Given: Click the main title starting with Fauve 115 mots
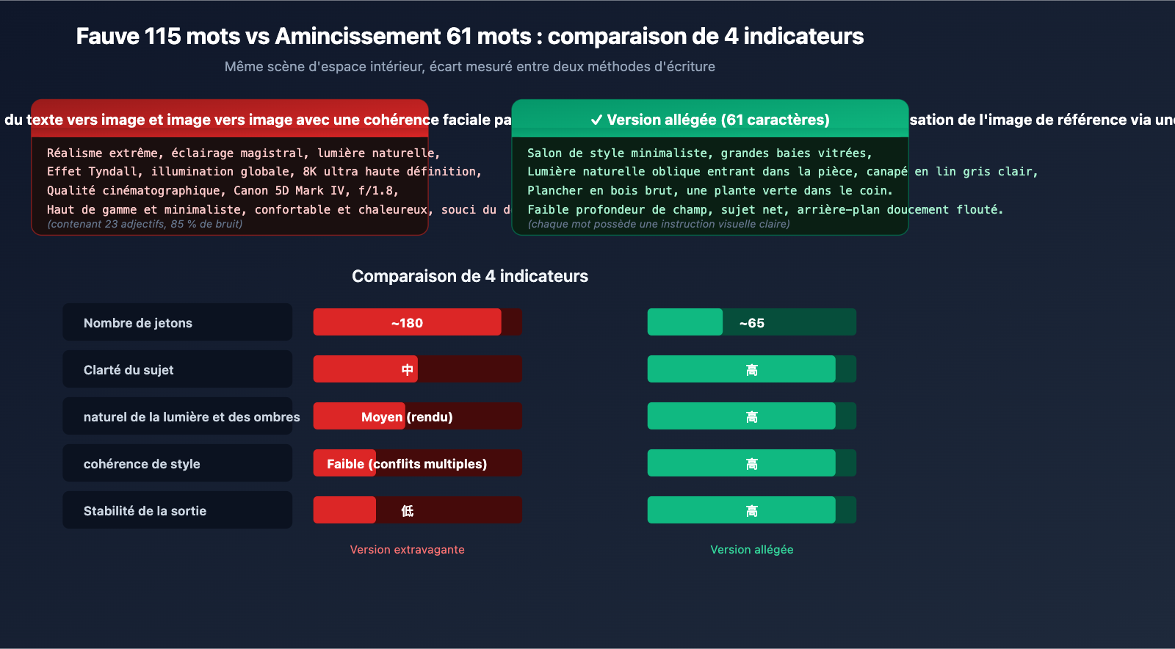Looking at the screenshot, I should (470, 36).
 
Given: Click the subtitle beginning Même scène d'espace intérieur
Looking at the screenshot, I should (470, 67).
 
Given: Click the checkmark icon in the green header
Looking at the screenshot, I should (596, 120).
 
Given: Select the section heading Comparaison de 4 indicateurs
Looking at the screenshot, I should (470, 276).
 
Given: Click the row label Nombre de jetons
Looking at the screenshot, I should (138, 323).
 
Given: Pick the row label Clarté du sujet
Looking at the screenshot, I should (129, 370).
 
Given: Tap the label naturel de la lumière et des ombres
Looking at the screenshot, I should (192, 417).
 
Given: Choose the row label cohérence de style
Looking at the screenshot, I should (142, 464).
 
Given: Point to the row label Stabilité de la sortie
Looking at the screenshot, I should (145, 511).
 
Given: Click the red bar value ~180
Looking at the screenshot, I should (407, 323).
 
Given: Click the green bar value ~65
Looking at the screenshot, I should (751, 323).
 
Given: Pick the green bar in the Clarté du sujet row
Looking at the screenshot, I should (751, 370).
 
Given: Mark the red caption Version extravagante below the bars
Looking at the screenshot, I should (407, 550).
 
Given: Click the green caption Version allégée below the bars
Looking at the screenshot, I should (751, 550).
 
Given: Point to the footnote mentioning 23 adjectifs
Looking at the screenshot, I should (145, 224).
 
